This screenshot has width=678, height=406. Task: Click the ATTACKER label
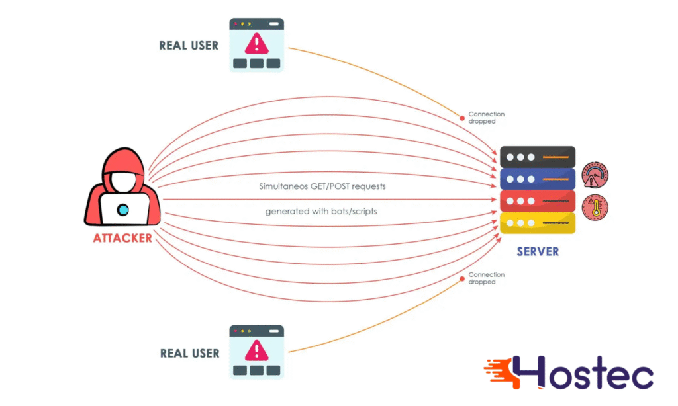click(x=122, y=238)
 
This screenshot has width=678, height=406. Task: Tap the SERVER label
click(x=538, y=252)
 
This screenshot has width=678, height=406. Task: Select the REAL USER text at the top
click(x=189, y=46)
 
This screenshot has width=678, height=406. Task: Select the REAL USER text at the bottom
click(x=189, y=353)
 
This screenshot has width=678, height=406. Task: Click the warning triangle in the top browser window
click(x=256, y=44)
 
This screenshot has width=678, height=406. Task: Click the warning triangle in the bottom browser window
click(x=256, y=350)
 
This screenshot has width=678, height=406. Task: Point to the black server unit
click(x=538, y=157)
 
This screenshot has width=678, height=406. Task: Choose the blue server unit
click(x=538, y=179)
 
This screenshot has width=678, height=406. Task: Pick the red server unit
click(x=538, y=201)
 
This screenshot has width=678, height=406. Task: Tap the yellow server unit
click(x=538, y=223)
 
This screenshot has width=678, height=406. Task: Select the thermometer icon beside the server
click(x=595, y=208)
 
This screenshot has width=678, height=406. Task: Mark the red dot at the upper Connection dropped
click(x=462, y=118)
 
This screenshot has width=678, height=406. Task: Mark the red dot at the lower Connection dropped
click(x=462, y=278)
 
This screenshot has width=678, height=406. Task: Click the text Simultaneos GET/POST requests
click(x=322, y=186)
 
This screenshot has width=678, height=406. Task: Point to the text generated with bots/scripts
click(x=322, y=212)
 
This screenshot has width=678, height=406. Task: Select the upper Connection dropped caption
click(x=486, y=118)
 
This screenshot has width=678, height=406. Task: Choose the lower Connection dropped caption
click(x=486, y=278)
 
